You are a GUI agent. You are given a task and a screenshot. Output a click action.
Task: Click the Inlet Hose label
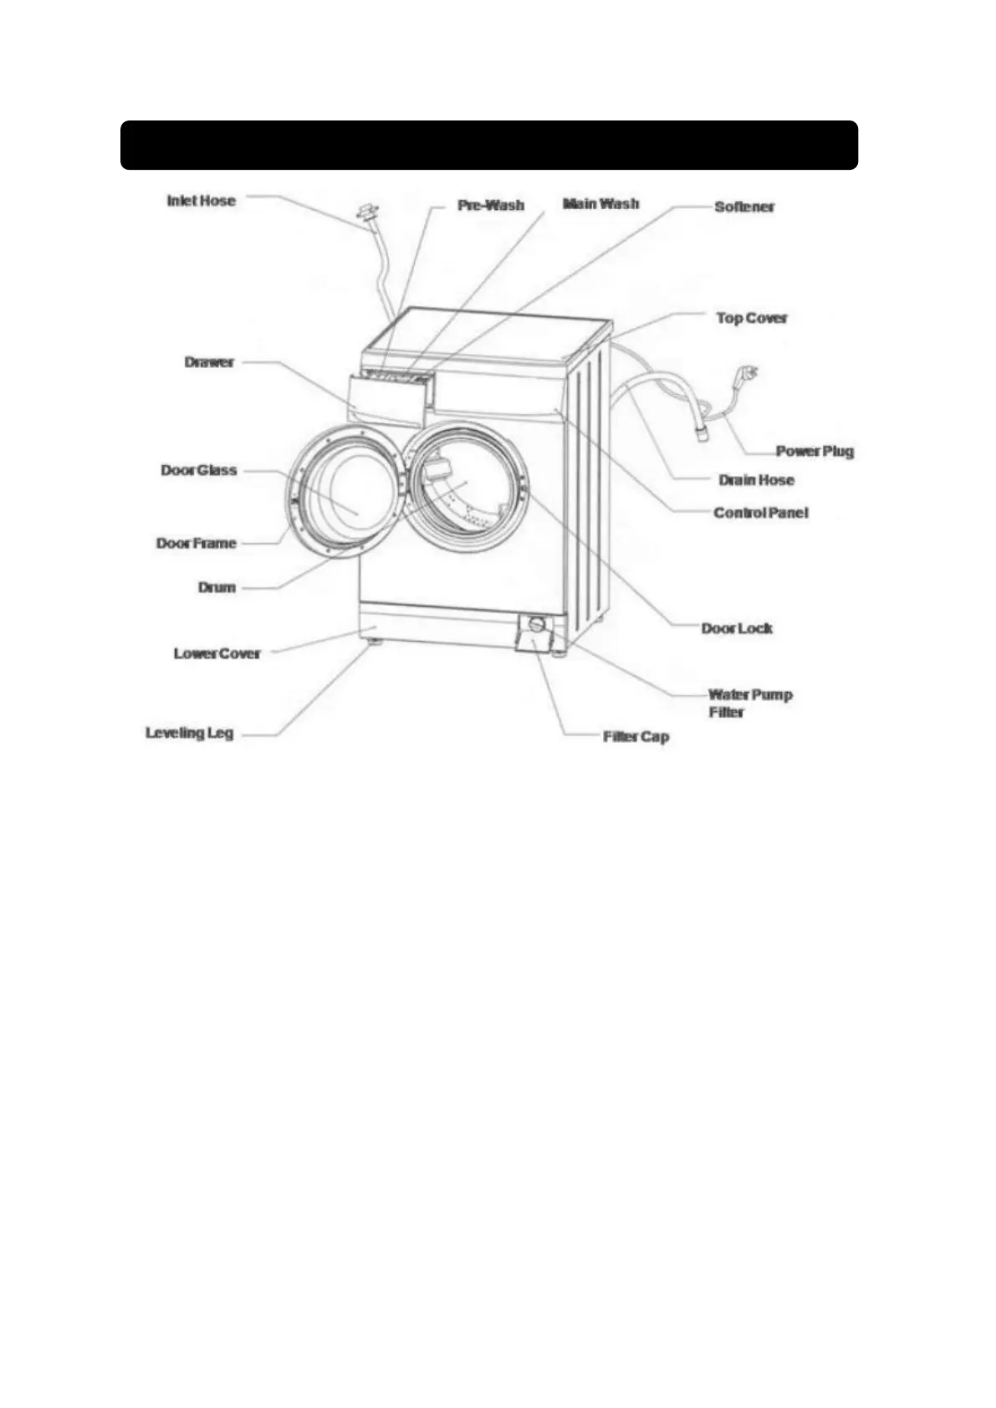(x=201, y=201)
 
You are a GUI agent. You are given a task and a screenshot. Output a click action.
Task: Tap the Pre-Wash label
(x=491, y=205)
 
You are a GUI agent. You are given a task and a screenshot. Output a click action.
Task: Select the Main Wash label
(x=600, y=203)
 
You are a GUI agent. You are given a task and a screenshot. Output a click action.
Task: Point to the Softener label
(x=744, y=207)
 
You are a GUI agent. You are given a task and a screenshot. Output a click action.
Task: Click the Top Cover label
(x=752, y=318)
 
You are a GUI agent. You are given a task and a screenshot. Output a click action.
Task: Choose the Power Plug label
(x=815, y=451)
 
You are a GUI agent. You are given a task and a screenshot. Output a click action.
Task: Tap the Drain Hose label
(x=756, y=480)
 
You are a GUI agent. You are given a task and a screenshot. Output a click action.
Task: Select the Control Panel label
(x=761, y=513)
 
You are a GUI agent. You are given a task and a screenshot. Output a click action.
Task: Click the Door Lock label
(x=737, y=628)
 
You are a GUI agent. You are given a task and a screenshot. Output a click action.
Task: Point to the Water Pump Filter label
(x=749, y=703)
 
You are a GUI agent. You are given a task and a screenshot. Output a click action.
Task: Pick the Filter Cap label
(x=636, y=737)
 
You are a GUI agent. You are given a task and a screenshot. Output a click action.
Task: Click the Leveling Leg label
(x=189, y=734)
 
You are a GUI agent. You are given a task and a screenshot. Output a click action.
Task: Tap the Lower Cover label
(x=217, y=653)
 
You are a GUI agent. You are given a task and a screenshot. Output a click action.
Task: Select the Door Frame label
(x=197, y=544)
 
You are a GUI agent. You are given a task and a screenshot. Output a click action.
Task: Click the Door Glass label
(x=199, y=470)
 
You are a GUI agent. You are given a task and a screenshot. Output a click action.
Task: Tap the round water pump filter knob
(x=536, y=625)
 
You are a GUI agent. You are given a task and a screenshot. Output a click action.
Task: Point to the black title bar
(x=489, y=145)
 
